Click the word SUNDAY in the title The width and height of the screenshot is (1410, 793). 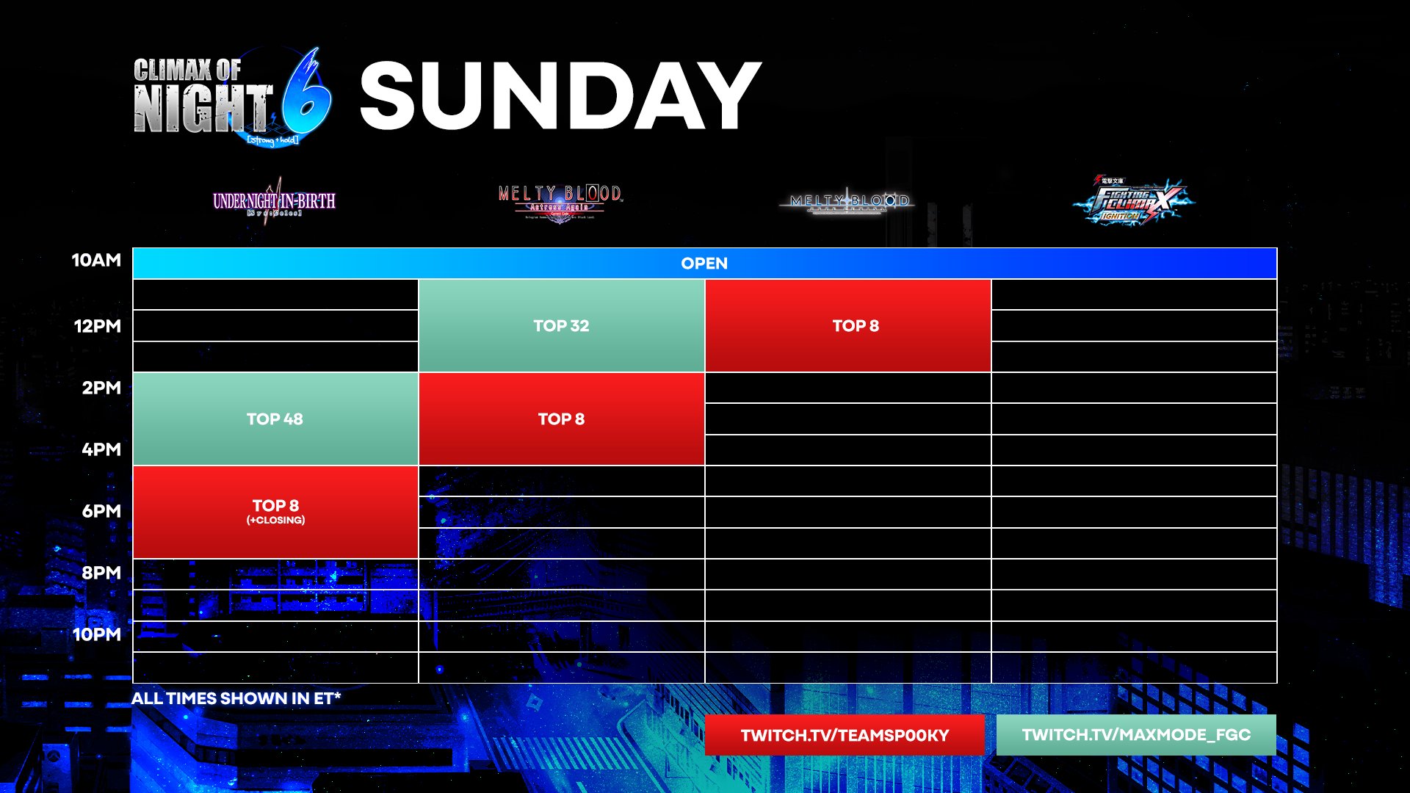click(x=560, y=96)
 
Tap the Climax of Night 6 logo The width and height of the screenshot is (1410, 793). click(x=232, y=98)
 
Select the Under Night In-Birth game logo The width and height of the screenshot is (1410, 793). click(x=274, y=201)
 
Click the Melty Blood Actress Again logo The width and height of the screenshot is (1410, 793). click(x=560, y=201)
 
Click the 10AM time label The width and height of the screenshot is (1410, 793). click(x=96, y=260)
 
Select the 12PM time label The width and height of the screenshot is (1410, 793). click(x=97, y=326)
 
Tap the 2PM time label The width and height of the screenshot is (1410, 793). click(x=101, y=388)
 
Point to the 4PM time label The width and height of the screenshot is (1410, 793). click(x=101, y=449)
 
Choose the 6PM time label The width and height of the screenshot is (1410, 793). click(x=101, y=511)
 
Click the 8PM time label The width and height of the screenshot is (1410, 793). click(x=101, y=573)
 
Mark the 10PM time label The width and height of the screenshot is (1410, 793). click(x=97, y=634)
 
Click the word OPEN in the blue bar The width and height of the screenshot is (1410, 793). click(x=704, y=264)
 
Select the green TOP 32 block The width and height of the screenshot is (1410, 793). click(x=561, y=326)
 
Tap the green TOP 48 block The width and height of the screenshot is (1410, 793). click(x=275, y=419)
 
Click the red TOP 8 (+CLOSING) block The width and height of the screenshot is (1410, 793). click(x=275, y=512)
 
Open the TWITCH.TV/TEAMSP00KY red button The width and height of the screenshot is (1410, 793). click(x=845, y=735)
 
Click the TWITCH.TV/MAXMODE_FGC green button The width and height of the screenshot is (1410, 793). click(x=1136, y=735)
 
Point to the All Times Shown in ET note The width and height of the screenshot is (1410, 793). click(x=236, y=698)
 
